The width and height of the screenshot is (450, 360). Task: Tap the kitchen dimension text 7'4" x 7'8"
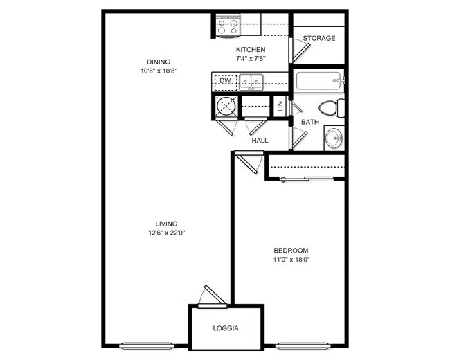(x=251, y=60)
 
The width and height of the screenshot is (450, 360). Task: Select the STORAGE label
(x=319, y=38)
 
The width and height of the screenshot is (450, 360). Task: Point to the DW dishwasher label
(x=224, y=81)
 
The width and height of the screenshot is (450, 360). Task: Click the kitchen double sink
(x=251, y=82)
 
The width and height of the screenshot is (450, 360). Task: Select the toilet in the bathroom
(x=332, y=108)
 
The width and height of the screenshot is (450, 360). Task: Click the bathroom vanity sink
(x=334, y=138)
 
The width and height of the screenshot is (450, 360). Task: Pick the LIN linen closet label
(x=280, y=107)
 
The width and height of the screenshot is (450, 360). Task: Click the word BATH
(x=309, y=122)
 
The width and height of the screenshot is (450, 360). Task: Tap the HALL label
(x=260, y=141)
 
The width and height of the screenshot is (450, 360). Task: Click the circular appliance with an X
(x=226, y=107)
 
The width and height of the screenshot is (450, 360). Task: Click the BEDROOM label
(x=291, y=251)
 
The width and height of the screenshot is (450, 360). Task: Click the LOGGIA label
(x=226, y=328)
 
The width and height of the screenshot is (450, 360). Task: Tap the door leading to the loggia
(x=212, y=296)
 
